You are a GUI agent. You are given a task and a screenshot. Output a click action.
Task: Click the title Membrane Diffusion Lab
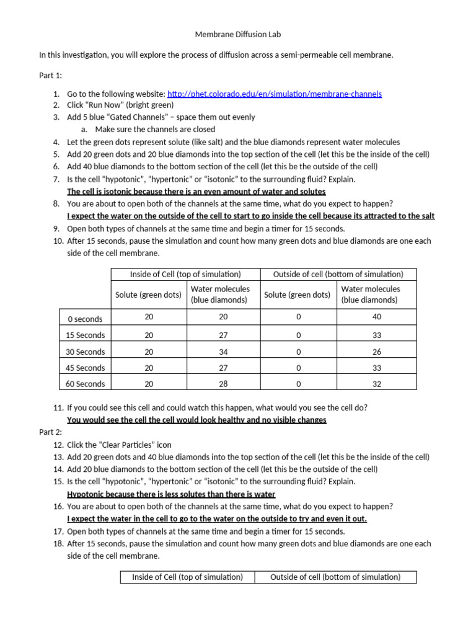click(238, 34)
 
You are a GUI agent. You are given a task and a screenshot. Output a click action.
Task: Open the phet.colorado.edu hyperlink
click(275, 94)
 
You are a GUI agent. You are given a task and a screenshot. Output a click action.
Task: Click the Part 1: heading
click(50, 75)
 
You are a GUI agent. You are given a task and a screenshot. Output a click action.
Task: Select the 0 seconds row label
click(85, 319)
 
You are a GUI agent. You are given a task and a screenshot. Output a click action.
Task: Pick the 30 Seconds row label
click(85, 352)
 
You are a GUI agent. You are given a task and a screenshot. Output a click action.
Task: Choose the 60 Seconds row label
click(85, 384)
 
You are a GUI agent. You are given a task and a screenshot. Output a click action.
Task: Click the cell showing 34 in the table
click(223, 352)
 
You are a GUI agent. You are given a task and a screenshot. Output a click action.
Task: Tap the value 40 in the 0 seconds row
click(378, 317)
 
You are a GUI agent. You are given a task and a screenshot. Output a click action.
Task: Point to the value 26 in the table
click(378, 352)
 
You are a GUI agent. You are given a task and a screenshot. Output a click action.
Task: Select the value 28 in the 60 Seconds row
click(223, 384)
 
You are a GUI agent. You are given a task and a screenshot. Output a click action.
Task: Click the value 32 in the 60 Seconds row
click(378, 384)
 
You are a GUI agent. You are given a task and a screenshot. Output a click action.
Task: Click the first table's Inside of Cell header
click(185, 274)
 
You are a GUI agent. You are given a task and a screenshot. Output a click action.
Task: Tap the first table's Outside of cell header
click(337, 274)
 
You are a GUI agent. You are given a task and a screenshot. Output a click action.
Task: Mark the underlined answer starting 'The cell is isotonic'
click(196, 192)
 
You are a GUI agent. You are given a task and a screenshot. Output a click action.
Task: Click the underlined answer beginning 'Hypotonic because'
click(171, 494)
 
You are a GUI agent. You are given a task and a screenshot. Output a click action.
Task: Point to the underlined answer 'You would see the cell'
click(196, 420)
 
